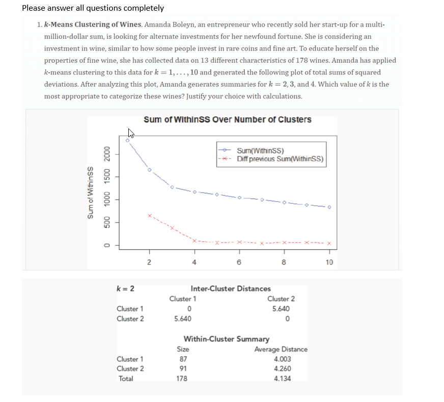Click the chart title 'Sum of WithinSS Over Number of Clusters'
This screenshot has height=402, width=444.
tap(227, 120)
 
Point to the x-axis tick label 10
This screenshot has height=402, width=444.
tap(329, 263)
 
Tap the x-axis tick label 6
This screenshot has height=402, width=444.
tap(239, 263)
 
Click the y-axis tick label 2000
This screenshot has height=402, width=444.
tap(107, 154)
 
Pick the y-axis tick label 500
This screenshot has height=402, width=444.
tap(107, 223)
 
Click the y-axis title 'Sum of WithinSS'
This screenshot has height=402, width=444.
tap(91, 193)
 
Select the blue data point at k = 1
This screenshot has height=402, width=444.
tap(127, 140)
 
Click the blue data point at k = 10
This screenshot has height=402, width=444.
tap(329, 207)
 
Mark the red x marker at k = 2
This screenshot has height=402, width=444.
tap(149, 216)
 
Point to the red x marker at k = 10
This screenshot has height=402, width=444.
tap(329, 243)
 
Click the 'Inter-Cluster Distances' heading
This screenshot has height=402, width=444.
tap(231, 289)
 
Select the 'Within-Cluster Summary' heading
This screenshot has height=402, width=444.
tap(227, 339)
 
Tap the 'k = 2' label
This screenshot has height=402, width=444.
tap(126, 288)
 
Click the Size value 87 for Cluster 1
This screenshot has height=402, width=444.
tap(182, 359)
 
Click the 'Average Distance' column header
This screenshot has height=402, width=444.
tap(281, 350)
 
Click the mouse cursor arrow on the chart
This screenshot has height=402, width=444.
tap(131, 133)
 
